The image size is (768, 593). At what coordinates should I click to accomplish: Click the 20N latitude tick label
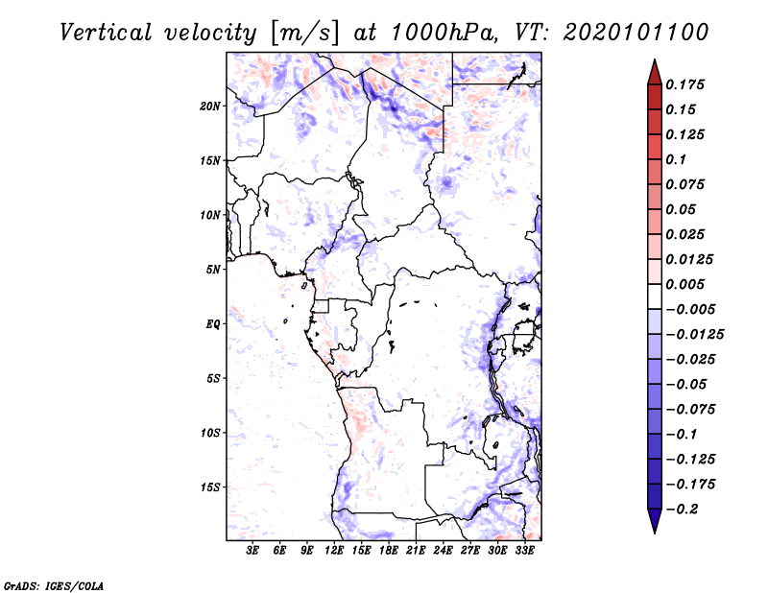click(x=210, y=106)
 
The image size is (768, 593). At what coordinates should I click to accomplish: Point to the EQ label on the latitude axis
click(x=213, y=324)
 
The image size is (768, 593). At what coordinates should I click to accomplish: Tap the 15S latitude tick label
click(x=210, y=487)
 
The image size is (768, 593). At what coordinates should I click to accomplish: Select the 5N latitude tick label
click(x=213, y=270)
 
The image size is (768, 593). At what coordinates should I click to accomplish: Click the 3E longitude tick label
click(x=253, y=551)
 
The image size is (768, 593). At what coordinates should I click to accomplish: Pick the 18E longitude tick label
click(x=389, y=551)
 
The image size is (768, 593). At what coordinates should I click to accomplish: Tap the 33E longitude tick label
click(x=524, y=551)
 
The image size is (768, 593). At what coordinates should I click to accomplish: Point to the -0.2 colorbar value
click(x=684, y=509)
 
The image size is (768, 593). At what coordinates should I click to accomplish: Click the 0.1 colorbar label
click(x=677, y=159)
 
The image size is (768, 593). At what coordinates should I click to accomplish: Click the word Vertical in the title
click(x=104, y=32)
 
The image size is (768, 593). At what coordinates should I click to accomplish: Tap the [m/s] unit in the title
click(x=305, y=32)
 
